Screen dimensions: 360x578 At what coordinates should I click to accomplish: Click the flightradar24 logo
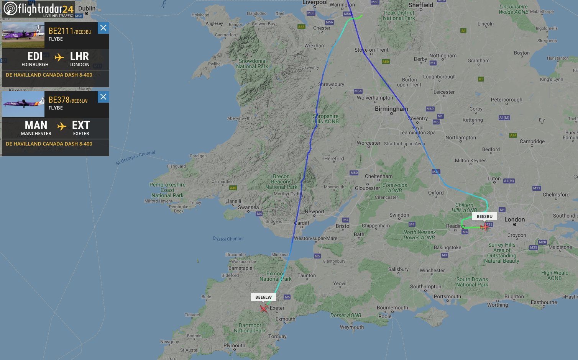click(38, 9)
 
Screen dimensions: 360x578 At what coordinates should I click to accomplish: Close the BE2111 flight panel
click(103, 28)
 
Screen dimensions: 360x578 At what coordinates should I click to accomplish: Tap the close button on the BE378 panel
click(103, 97)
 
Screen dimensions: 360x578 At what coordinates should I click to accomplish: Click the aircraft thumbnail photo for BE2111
click(23, 35)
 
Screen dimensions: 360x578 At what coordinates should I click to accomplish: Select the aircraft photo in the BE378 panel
click(23, 104)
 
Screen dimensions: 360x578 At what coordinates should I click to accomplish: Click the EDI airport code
click(35, 56)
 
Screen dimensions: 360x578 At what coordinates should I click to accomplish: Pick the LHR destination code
click(79, 56)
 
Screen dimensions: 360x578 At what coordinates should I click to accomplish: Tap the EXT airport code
click(81, 125)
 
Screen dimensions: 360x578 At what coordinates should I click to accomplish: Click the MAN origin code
click(36, 125)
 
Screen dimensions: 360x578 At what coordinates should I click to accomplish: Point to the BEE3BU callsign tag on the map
click(484, 216)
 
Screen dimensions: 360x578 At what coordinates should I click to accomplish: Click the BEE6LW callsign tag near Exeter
click(263, 297)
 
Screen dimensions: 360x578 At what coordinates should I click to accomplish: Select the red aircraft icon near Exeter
click(264, 308)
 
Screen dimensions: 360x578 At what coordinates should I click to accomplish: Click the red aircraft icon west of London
click(485, 227)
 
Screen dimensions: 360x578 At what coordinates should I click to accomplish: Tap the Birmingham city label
click(391, 109)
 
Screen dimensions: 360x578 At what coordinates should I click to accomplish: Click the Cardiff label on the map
click(302, 223)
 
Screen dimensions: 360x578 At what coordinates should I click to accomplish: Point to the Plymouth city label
click(234, 345)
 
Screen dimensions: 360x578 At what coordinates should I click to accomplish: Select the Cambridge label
click(532, 141)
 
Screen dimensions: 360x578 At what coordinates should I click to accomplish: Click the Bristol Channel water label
click(228, 239)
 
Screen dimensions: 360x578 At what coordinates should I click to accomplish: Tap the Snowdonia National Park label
click(252, 64)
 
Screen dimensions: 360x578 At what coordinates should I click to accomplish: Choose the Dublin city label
click(87, 8)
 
